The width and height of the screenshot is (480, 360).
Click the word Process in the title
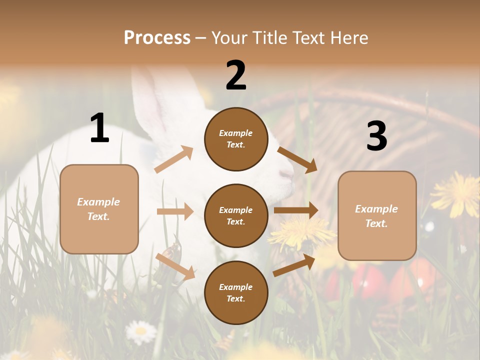[x=157, y=38]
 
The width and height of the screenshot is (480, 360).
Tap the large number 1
[x=99, y=128]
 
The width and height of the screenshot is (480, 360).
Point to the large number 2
[x=236, y=75]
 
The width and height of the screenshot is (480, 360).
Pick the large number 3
[x=376, y=136]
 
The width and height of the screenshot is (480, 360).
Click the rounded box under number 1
[x=99, y=209]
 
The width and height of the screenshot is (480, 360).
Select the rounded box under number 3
[x=377, y=215]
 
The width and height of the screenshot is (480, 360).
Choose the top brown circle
[x=236, y=139]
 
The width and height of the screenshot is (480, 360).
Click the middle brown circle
[x=236, y=215]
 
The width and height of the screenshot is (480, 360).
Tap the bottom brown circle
[x=236, y=292]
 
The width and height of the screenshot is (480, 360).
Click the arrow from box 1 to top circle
[x=173, y=159]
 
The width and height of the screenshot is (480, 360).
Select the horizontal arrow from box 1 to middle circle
[x=175, y=211]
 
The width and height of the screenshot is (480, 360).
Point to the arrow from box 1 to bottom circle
[x=175, y=266]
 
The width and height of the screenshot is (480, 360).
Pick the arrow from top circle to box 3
[x=297, y=159]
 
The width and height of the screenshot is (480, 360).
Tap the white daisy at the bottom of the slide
[x=140, y=331]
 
